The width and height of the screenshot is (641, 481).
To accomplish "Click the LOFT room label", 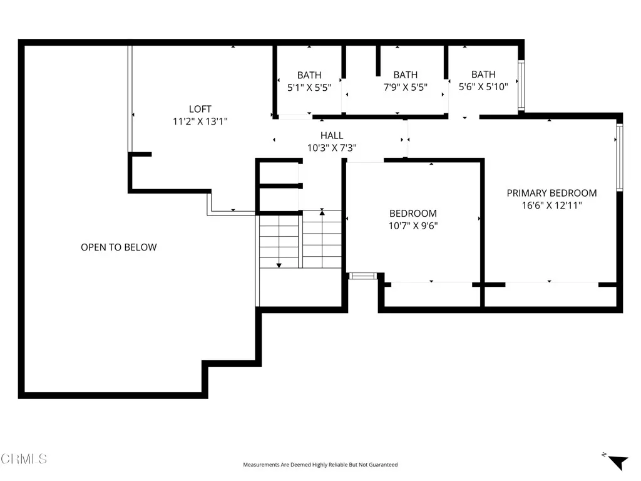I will pos(200,108).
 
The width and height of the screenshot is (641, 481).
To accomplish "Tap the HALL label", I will pos(332,135).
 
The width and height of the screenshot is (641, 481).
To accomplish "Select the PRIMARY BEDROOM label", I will pos(551,193).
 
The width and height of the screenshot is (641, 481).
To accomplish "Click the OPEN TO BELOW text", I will pos(119,247).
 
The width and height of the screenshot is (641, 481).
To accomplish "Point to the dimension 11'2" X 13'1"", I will pos(200,122).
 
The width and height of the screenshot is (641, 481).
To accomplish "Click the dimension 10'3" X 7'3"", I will pos(332,148).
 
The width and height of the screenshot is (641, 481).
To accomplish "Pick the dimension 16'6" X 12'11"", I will pos(551,205).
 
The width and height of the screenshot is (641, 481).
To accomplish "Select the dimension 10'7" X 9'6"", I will pos(413,225).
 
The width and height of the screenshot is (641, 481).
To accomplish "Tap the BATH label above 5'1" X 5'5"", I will pos(309,75).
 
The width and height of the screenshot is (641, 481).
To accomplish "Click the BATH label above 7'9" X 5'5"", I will pos(405,75).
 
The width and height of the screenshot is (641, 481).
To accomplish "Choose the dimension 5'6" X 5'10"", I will pos(483,88).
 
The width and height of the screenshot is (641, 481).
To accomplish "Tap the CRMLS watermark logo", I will pos(24,459).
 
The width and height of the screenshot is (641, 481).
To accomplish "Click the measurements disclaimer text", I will pos(320,465).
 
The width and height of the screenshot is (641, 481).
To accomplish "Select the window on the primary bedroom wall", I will pos(619,157).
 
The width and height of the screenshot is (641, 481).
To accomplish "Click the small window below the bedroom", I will pos(361,275).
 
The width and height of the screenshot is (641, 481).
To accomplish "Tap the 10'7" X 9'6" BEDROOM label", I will pos(413,214).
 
